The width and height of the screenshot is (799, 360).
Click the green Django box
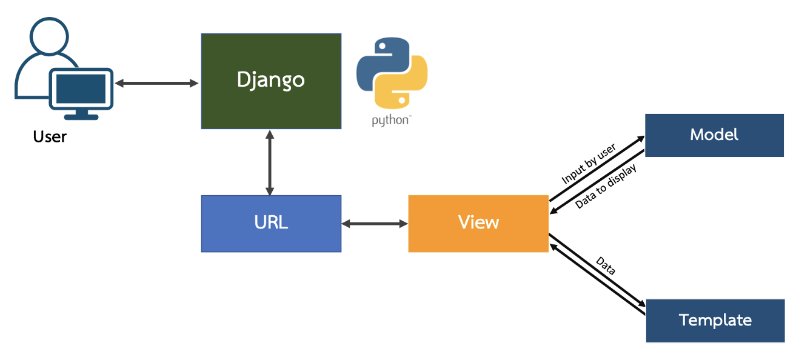(271, 81)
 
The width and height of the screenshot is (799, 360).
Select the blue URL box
(271, 224)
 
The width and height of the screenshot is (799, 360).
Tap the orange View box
(478, 224)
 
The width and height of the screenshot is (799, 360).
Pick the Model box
(715, 135)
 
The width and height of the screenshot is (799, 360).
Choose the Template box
(715, 321)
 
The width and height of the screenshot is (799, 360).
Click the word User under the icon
(50, 137)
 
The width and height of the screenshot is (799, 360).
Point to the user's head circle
(49, 36)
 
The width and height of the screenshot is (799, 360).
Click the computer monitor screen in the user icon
(81, 88)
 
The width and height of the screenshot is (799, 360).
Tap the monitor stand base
(81, 117)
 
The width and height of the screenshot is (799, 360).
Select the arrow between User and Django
(156, 84)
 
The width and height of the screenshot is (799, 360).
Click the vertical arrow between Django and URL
(270, 162)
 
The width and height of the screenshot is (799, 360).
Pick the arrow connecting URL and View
(375, 224)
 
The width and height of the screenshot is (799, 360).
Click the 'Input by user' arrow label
(589, 164)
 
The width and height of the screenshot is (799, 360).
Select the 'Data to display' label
(606, 186)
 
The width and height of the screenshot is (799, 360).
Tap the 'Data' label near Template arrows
(606, 266)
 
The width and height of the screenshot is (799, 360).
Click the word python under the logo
(390, 121)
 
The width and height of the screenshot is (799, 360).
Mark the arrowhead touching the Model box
(641, 139)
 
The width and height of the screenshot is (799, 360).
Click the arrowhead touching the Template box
(641, 303)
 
